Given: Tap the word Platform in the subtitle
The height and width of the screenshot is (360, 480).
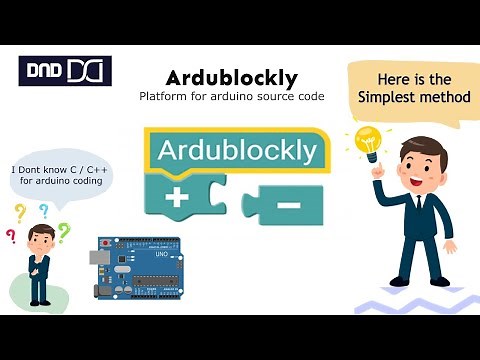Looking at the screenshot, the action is (165, 96).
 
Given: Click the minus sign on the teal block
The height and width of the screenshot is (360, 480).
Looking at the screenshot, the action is (287, 205).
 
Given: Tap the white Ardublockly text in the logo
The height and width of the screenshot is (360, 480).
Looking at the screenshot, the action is (237, 151).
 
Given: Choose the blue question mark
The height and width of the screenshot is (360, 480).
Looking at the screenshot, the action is (43, 211).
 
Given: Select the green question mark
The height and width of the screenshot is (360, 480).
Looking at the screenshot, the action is (64, 232).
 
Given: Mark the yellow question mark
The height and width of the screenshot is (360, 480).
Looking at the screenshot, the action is (19, 212).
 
